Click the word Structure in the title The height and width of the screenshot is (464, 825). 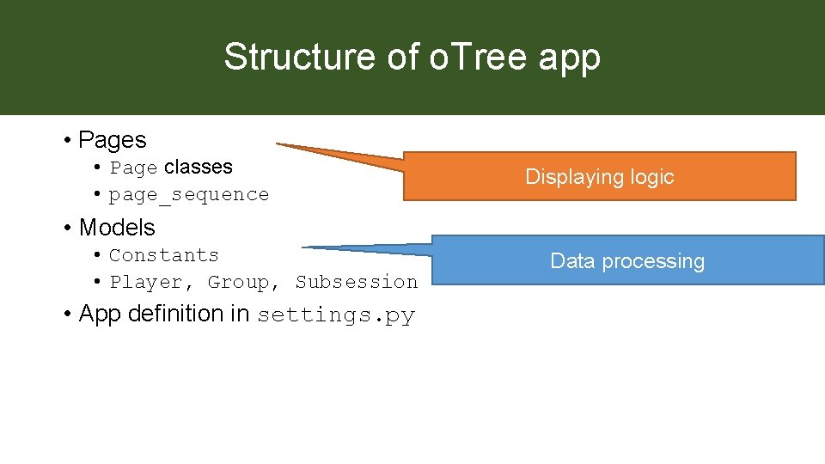pos(276,58)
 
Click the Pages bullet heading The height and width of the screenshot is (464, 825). pos(112,139)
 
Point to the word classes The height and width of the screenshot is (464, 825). pos(198,167)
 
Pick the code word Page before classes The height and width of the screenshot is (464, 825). pos(133,168)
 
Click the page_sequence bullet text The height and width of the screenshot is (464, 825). pos(189,195)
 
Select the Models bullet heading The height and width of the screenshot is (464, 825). pos(117,228)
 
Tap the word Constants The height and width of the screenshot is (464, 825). pos(164,255)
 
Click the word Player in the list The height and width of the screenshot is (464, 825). pos(145,282)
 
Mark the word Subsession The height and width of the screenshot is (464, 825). pos(357,282)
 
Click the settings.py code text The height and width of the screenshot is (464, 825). pos(336,315)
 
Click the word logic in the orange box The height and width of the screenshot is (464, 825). pos(651,177)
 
